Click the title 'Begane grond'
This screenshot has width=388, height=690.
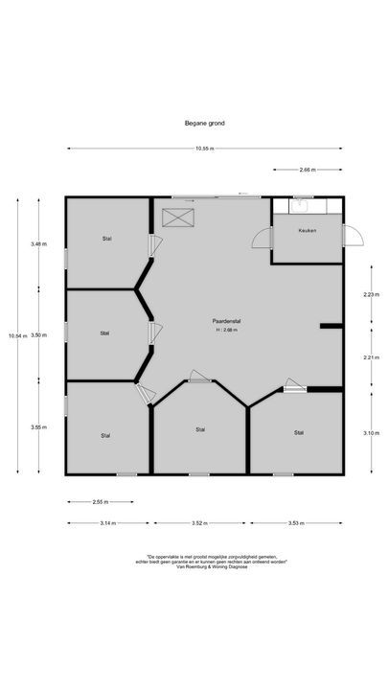coord(205,123)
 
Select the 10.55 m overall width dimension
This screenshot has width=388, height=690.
coord(204,149)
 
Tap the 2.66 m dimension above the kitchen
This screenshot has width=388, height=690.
coord(307,170)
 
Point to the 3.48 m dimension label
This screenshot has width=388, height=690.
coord(37,244)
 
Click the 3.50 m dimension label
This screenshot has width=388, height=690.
coord(37,335)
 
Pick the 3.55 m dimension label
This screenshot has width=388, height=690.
coord(37,427)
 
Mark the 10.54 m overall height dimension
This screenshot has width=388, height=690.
coord(14,335)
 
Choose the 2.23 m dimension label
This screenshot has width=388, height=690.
coord(369,294)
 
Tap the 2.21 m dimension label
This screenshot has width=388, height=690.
coord(369,357)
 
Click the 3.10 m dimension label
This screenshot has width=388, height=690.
coord(369,433)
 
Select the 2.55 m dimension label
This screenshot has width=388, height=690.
coord(99,501)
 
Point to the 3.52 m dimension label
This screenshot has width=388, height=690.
coord(199,522)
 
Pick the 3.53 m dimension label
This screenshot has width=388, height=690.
coord(296,522)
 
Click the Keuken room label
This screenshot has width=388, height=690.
coord(307,231)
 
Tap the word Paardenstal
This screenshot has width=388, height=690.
coord(226,321)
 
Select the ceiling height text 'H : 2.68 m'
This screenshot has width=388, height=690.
coord(226,331)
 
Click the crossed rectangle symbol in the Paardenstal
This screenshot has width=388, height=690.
coord(177,218)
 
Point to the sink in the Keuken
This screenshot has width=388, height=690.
coord(300,202)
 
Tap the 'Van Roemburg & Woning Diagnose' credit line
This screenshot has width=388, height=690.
coord(203,566)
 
